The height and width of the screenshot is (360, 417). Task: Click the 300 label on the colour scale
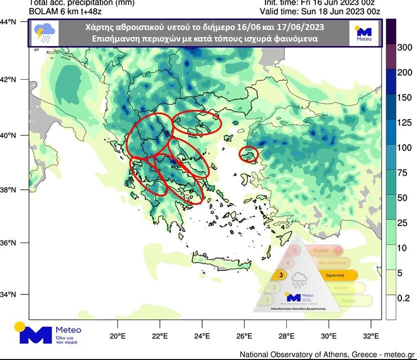(404, 48)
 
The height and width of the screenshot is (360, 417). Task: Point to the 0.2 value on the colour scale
(403, 298)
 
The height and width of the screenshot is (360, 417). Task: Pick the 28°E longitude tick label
(286, 336)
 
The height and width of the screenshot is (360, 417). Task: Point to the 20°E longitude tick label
(117, 336)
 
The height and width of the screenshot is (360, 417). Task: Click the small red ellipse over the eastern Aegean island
(249, 154)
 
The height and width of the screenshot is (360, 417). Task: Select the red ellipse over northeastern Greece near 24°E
(196, 123)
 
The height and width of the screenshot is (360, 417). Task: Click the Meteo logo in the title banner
(363, 33)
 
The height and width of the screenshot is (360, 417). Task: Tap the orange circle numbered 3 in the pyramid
(282, 275)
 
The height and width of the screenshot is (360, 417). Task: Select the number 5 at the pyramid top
(295, 250)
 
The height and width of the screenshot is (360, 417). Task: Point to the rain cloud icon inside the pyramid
(300, 279)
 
